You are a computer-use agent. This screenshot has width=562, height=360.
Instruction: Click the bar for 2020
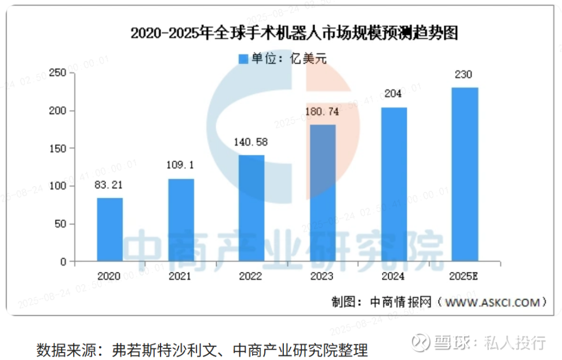point(110,230)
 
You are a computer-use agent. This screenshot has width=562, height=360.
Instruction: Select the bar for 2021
point(181,220)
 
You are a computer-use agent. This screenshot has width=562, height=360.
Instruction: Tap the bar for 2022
point(251,208)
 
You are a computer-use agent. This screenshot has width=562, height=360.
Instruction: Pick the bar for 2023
point(323,193)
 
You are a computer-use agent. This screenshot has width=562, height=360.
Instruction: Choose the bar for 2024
point(394,184)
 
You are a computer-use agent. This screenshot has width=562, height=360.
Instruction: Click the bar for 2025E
point(465,174)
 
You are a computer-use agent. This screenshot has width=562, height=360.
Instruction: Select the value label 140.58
point(251,141)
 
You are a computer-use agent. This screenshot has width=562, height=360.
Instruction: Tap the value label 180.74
point(323,113)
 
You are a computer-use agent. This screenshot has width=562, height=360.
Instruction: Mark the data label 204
point(394,94)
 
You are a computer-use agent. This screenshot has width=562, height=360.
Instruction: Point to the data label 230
point(465,74)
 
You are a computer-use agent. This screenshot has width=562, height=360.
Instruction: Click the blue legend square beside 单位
point(243,58)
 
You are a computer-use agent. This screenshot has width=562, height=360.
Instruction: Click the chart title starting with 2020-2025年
point(294,34)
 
